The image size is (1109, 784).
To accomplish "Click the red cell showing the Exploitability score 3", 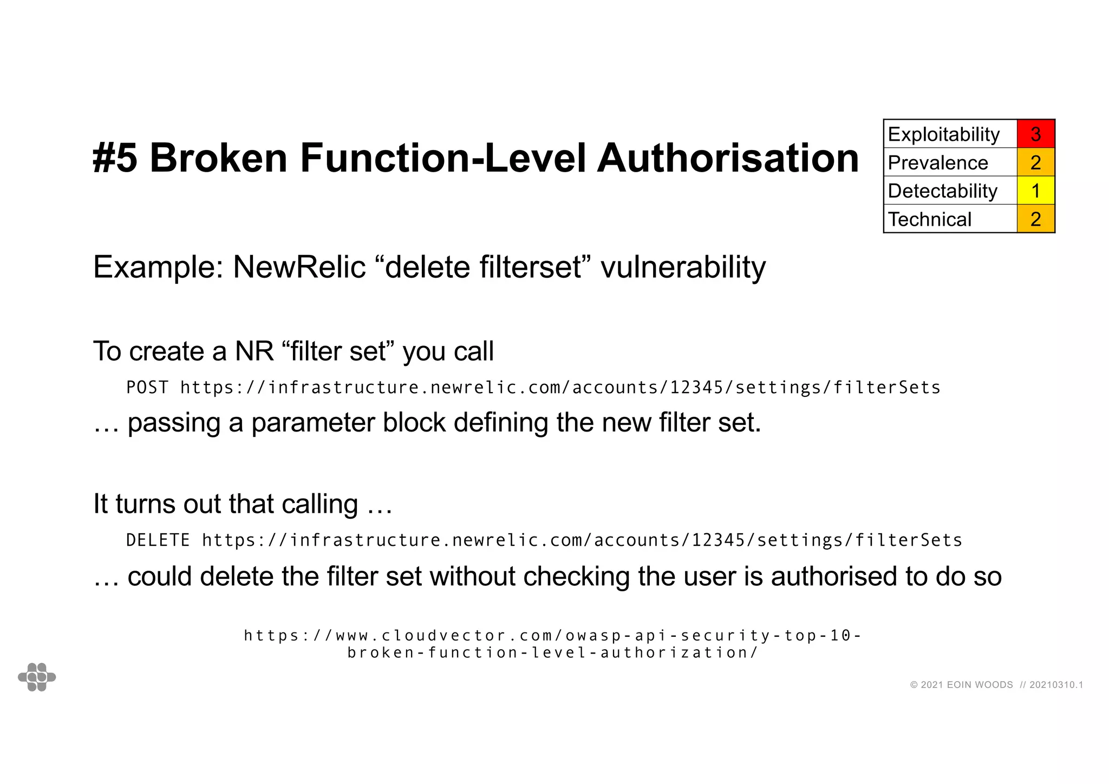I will pyautogui.click(x=1035, y=134).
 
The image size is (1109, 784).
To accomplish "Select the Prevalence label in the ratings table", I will pyautogui.click(x=938, y=162).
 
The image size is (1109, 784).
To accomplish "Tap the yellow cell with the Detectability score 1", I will pyautogui.click(x=1035, y=191).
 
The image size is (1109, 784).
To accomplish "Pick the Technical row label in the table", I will pyautogui.click(x=930, y=219).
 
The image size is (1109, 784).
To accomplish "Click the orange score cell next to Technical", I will pyautogui.click(x=1035, y=219).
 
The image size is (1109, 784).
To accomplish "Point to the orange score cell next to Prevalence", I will pyautogui.click(x=1035, y=162).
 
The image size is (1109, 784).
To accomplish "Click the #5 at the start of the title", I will pyautogui.click(x=115, y=158).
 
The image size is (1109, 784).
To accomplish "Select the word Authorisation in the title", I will pyautogui.click(x=727, y=158).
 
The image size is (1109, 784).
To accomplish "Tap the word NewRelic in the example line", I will pyautogui.click(x=299, y=267).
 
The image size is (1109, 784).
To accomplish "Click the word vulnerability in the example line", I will pyautogui.click(x=683, y=267).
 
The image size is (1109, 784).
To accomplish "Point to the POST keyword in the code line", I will pyautogui.click(x=147, y=388).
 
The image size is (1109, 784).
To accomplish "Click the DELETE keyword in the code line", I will pyautogui.click(x=158, y=540).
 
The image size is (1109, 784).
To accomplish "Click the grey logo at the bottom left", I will pyautogui.click(x=37, y=677).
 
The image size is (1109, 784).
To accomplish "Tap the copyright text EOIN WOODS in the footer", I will pyautogui.click(x=980, y=685).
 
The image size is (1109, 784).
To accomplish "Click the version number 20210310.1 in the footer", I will pyautogui.click(x=1056, y=685).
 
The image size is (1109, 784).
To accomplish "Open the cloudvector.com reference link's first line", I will pyautogui.click(x=552, y=635).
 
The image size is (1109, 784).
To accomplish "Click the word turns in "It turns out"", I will pyautogui.click(x=145, y=504).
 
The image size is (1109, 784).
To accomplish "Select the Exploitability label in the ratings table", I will pyautogui.click(x=944, y=134).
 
